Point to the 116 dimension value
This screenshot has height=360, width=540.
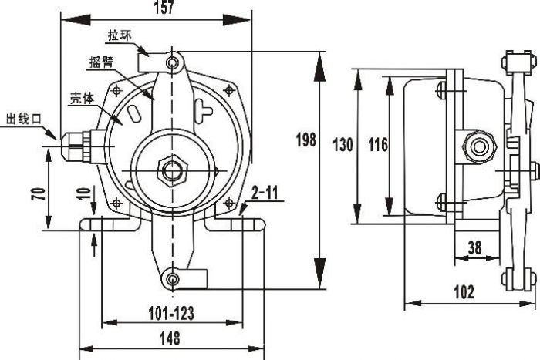(377, 144)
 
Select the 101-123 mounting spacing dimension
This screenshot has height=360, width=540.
(171, 314)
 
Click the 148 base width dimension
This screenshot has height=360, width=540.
(171, 337)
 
